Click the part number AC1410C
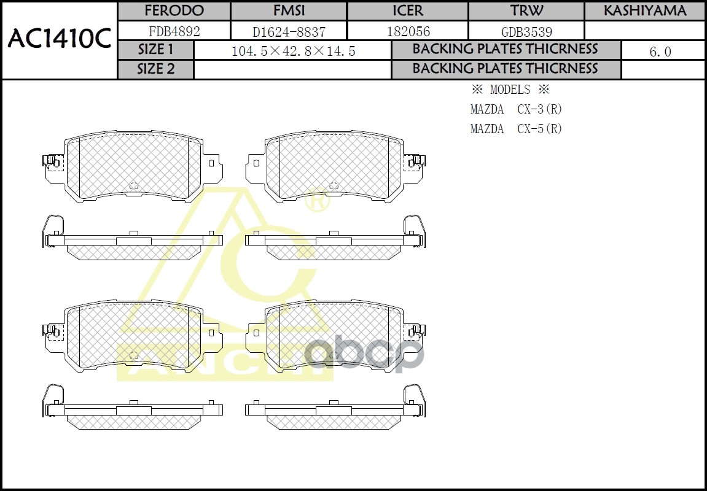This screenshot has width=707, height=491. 59,39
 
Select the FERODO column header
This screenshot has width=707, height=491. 174,11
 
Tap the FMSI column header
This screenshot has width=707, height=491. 289,11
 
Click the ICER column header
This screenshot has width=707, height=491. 407,11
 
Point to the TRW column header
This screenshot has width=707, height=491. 526,11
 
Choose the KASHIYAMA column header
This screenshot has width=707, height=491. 644,11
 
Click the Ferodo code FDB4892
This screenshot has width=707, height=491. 174,31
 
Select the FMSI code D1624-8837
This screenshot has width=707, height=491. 289,31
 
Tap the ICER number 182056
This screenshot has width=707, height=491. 408,31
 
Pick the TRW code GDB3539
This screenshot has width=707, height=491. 526,31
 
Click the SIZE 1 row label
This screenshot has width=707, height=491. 155,50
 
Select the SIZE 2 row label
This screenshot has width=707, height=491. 155,69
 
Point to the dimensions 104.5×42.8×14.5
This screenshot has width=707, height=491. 293,52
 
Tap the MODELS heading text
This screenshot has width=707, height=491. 510,90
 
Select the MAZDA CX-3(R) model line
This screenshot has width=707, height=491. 516,109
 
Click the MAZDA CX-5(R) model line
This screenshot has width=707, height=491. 516,129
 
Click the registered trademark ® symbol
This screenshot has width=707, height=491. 317,201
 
